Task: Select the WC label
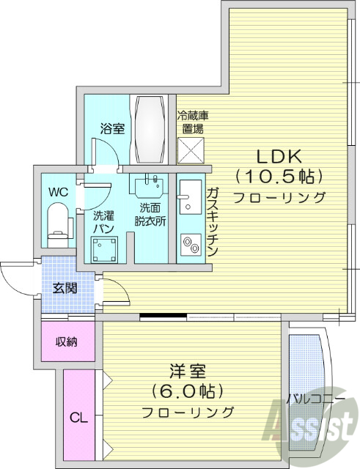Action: click(x=58, y=192)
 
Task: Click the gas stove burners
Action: click(x=190, y=244)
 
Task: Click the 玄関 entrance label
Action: click(x=64, y=288)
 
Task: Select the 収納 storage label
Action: click(x=67, y=342)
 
